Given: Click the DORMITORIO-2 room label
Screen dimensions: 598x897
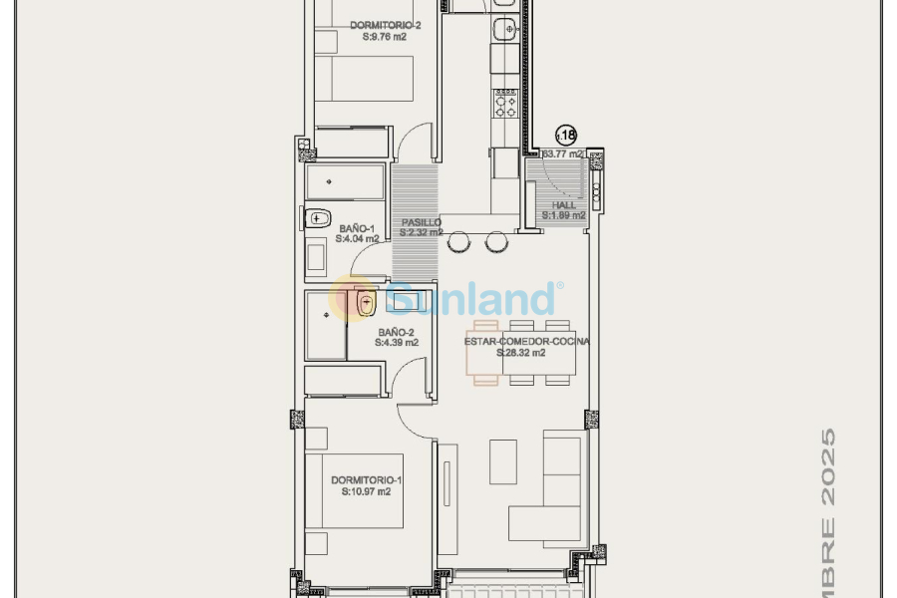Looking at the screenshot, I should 378,25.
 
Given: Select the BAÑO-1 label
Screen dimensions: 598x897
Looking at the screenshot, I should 357,228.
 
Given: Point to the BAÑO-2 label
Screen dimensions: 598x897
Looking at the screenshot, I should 396,332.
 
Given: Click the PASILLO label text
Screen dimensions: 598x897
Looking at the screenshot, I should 422,222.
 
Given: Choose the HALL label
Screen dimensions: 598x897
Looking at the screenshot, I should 564,205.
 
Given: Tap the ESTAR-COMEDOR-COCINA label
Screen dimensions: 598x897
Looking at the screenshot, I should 527,341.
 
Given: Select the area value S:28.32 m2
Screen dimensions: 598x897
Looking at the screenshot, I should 521,353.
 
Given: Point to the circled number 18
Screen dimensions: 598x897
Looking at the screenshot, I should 565,135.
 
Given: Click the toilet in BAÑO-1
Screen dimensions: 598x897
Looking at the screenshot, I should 319,217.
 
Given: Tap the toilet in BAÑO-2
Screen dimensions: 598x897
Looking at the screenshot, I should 365,302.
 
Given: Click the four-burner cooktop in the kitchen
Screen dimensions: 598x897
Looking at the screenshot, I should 505,103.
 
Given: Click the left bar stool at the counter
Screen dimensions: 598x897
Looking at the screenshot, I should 459,242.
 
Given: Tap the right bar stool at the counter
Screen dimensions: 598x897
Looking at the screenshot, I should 495,242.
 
